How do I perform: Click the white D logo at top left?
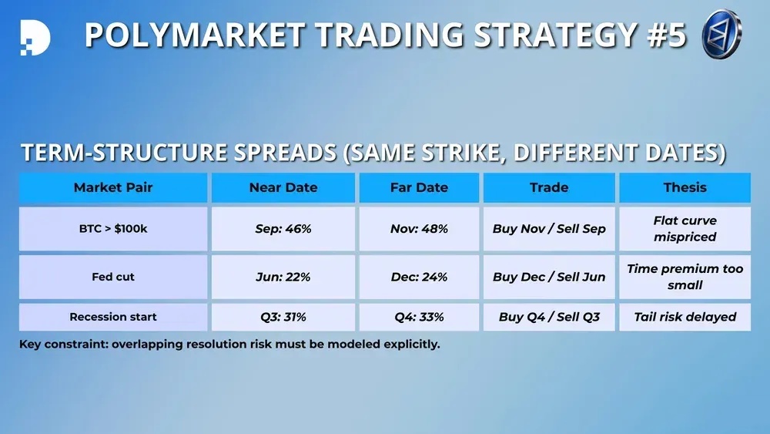35,37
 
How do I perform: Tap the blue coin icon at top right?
721,35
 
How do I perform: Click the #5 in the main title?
666,35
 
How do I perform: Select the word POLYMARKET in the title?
195,35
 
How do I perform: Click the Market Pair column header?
113,187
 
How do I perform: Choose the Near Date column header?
283,187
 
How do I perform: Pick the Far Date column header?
419,187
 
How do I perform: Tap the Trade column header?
549,187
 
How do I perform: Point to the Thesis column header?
685,187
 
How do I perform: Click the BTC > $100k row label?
113,228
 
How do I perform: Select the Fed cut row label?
113,277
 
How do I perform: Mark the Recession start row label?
113,317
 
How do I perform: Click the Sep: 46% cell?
283,228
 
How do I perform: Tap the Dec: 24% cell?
419,277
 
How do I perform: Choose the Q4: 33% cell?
419,317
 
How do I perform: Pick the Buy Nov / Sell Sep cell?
549,228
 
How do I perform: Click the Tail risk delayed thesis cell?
685,317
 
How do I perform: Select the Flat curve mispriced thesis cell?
685,228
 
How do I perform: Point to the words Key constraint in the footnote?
63,344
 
